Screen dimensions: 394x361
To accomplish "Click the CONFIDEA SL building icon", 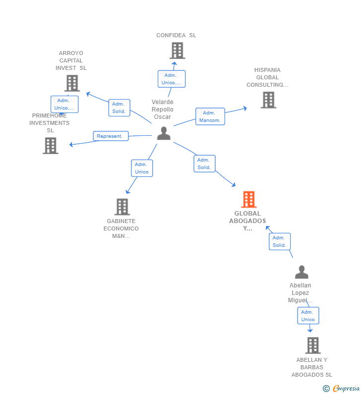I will point(177,51).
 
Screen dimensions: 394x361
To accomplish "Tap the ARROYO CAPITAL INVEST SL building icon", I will point(72,83).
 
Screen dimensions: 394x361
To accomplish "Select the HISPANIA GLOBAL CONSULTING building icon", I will point(268,100).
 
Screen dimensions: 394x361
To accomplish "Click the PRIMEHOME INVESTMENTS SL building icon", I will point(51,146).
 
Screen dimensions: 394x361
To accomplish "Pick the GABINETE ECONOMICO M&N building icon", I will point(122,207).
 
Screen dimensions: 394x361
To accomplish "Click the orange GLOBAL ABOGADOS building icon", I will point(248,199).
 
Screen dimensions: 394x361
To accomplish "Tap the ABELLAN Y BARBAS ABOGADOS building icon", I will point(312,345).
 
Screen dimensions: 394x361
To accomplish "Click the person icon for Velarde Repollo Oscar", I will point(164,133).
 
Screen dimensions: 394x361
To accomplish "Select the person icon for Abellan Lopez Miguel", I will point(301,272).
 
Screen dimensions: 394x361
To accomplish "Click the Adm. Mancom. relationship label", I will point(210,116).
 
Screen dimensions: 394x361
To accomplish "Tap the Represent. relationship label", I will point(111,136).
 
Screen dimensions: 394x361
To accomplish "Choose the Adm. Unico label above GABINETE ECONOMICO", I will point(142,168).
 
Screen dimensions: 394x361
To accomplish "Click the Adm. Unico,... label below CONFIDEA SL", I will point(172,79).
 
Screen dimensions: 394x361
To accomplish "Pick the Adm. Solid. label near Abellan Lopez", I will point(279,241).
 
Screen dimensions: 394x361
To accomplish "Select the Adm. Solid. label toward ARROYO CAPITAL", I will point(119,108).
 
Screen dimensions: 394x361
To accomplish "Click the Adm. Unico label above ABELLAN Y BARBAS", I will point(308,316).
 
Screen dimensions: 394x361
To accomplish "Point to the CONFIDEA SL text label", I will point(176,35).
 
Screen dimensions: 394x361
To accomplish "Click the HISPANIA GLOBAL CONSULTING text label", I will point(267,77).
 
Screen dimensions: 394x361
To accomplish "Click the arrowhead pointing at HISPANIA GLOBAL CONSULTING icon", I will point(244,108).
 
